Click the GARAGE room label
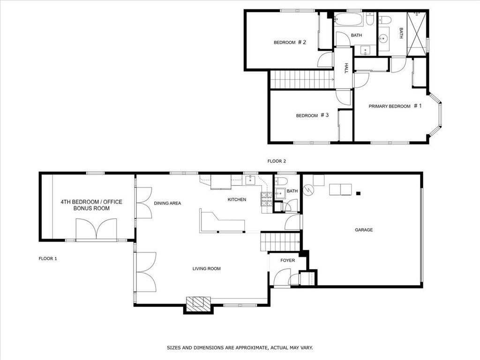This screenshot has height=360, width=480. coord(364,230)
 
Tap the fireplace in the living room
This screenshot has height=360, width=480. coord(198,304)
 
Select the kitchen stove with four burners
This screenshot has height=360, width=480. coord(266,200)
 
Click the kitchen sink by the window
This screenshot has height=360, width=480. coord(249,179)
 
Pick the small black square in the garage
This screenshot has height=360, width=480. coord(359,193)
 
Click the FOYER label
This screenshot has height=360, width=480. coord(288,260)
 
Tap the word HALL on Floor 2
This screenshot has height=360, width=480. coord(346,68)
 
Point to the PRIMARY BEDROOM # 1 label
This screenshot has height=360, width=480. coord(395,106)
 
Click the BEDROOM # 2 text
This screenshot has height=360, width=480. coord(290,43)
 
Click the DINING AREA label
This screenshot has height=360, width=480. coord(167,203)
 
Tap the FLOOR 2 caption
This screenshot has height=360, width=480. coord(277,161)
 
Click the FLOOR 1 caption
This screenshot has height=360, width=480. coord(48,258)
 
